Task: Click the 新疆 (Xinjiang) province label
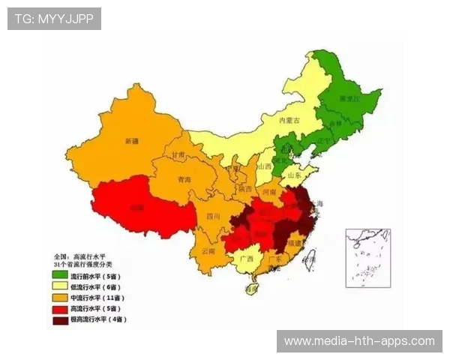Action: click(x=132, y=141)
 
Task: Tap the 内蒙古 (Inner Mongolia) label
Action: click(x=289, y=120)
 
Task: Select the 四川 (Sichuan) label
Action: click(x=213, y=216)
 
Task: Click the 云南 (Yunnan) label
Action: click(x=208, y=251)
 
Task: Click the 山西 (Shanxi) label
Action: click(x=264, y=166)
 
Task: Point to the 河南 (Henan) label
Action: click(x=279, y=192)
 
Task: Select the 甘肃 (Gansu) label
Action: click(x=178, y=154)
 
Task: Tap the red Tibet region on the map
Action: click(x=135, y=206)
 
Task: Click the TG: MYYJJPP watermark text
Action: click(x=54, y=18)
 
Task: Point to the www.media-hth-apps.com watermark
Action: click(x=359, y=341)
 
